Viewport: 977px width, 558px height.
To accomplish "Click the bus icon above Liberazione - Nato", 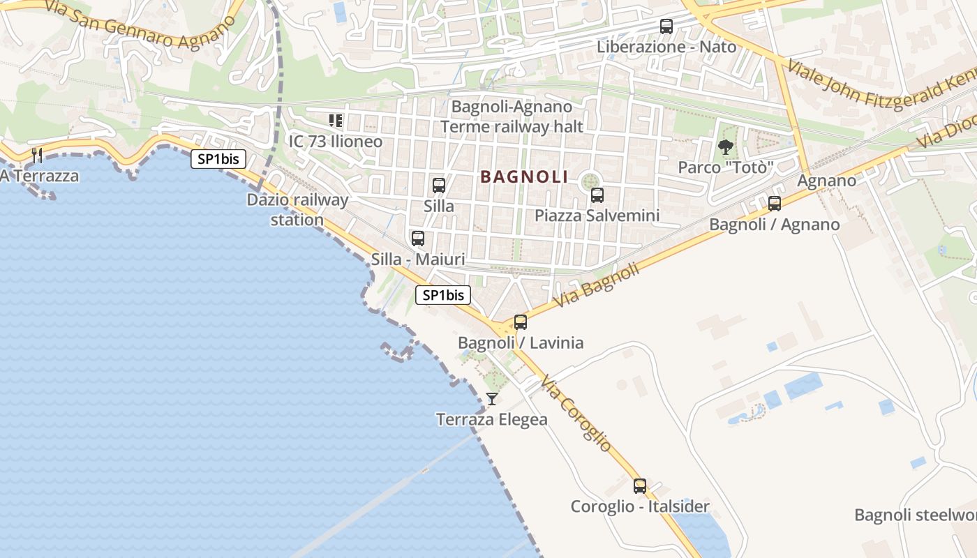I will (x=666, y=27).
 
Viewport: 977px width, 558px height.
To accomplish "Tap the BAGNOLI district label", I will (x=524, y=177).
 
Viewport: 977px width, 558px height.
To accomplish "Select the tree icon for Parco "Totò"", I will (x=726, y=147).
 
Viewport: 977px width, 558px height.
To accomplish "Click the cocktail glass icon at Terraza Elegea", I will (x=492, y=399).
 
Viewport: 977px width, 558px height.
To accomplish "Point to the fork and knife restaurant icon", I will (x=38, y=155).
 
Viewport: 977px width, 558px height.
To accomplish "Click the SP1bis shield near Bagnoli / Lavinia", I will (x=443, y=295).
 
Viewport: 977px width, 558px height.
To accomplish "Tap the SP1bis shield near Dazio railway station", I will (x=218, y=159).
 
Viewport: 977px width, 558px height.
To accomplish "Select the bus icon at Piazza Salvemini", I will (x=597, y=195).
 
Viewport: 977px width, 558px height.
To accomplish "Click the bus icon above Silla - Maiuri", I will (x=418, y=239).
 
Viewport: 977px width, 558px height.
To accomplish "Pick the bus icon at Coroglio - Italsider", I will (x=640, y=486).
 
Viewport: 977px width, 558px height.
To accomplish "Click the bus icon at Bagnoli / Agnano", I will (x=775, y=204).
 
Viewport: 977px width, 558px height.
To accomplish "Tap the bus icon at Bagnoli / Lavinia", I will (x=521, y=322).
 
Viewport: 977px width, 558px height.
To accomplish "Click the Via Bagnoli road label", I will (x=597, y=285).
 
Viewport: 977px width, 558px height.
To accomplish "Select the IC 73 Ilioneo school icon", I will (x=336, y=121).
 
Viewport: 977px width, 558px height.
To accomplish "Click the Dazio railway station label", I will (x=298, y=210).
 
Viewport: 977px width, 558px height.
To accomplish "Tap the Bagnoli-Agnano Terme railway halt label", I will (x=512, y=116).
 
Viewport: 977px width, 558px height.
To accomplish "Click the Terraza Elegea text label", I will (x=492, y=420).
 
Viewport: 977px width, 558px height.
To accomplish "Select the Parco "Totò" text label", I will (x=726, y=168).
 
